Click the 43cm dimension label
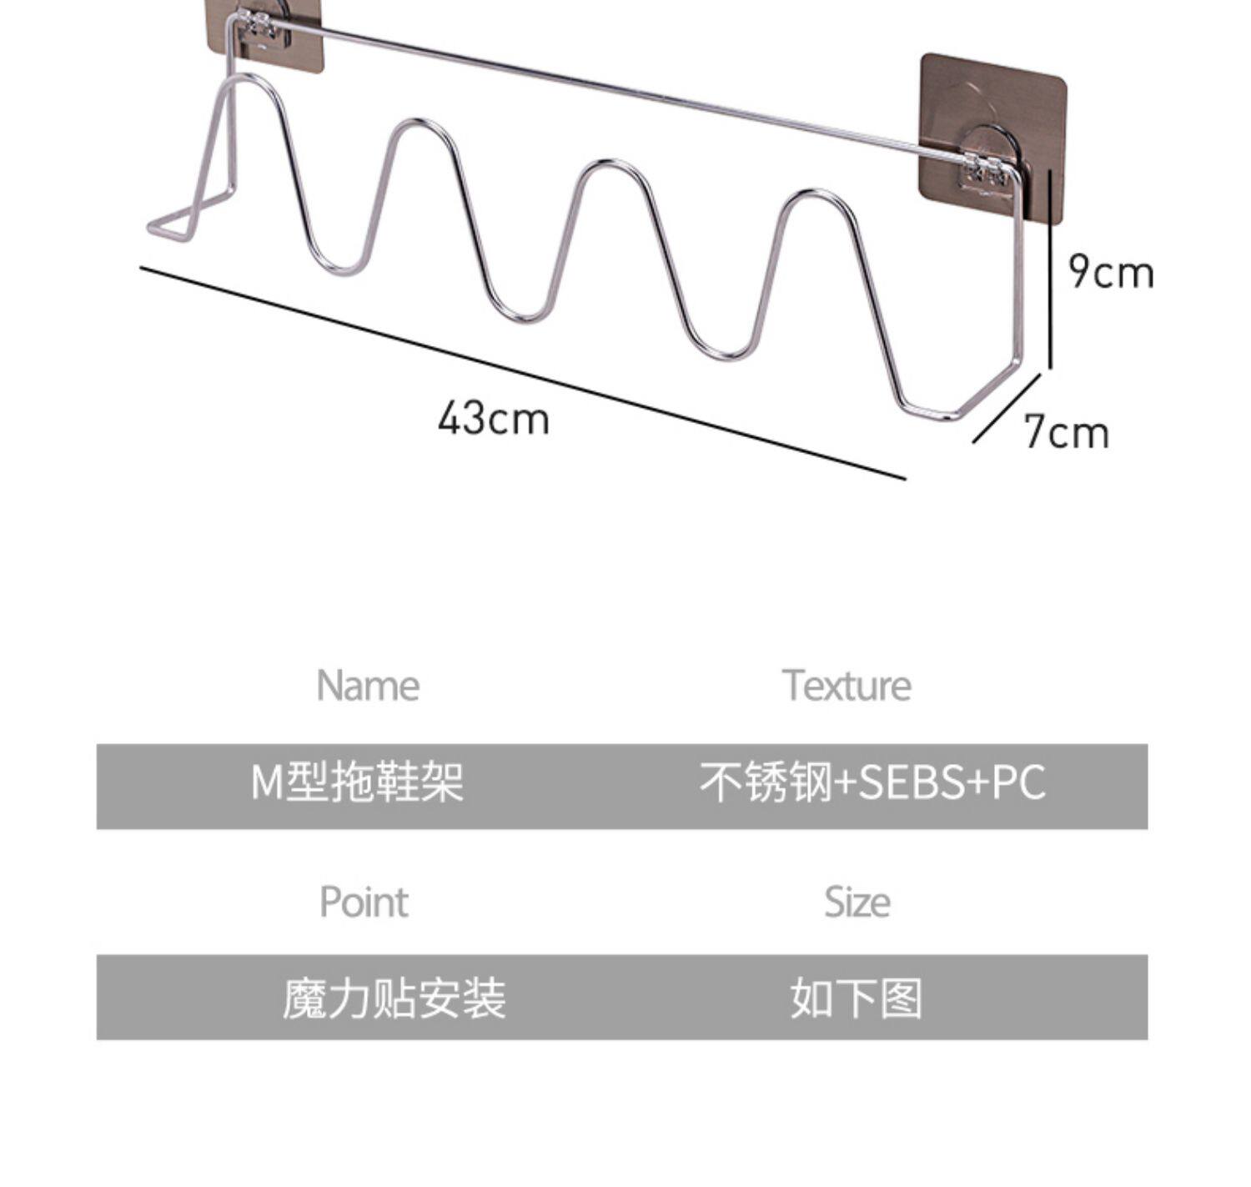click(494, 418)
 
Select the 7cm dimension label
click(1067, 433)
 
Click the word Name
click(368, 686)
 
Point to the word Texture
click(847, 686)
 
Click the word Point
click(364, 902)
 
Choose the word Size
click(857, 902)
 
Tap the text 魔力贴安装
click(394, 998)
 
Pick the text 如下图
click(857, 998)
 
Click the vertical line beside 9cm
click(1050, 267)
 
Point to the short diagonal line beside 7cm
click(1007, 408)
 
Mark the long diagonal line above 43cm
click(522, 373)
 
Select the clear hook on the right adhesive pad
click(991, 158)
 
